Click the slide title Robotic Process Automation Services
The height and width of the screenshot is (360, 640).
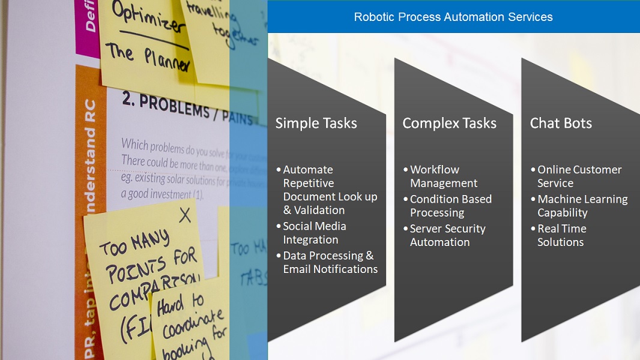453,17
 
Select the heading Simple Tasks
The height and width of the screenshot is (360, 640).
316,124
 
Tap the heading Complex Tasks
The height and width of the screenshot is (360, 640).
449,124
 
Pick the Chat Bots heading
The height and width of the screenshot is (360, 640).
561,124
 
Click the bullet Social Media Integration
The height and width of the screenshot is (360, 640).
314,233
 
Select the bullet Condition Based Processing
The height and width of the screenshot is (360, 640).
450,206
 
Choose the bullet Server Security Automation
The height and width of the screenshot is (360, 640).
447,235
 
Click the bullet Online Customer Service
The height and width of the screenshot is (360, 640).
579,176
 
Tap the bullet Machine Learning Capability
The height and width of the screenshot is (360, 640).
582,206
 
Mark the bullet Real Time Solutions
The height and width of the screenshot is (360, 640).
561,235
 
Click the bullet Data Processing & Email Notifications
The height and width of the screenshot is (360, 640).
330,262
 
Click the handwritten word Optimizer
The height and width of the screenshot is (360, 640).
143,18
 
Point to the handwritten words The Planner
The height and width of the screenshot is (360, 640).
149,57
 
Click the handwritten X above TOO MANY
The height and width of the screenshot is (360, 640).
185,215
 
